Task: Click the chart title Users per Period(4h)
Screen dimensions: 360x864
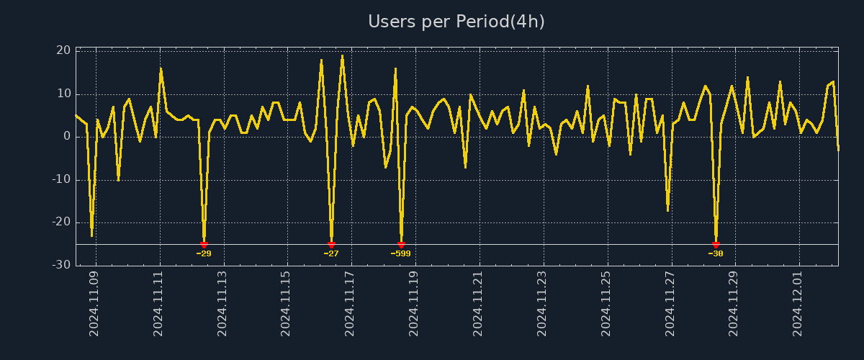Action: tap(456, 22)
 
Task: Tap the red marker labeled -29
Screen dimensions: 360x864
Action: tap(204, 245)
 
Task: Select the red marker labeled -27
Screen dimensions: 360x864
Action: tap(331, 245)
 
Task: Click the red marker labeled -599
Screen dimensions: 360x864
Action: tap(401, 245)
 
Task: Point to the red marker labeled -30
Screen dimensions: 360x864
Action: tap(716, 245)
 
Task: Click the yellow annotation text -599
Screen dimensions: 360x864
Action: tap(400, 253)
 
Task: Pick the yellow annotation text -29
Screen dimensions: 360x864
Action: tap(204, 253)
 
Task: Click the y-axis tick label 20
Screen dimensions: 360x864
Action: tap(63, 50)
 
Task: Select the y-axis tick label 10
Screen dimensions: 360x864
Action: tap(63, 94)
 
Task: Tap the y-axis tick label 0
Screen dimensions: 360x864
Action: tap(66, 137)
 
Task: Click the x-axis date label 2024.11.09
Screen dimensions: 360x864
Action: tap(95, 303)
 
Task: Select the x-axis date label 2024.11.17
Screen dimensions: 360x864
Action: tap(351, 303)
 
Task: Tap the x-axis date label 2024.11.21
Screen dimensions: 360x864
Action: tap(478, 303)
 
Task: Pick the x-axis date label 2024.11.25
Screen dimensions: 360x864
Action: tap(606, 303)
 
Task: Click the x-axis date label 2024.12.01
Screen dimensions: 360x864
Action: tap(798, 303)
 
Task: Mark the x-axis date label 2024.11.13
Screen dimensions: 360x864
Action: tap(222, 303)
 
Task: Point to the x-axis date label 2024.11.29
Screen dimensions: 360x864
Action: tap(734, 303)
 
